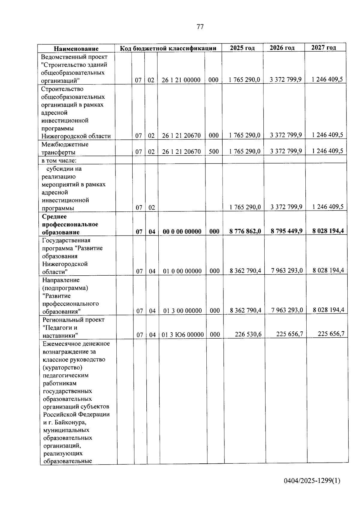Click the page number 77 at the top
[200, 27]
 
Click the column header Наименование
[76, 49]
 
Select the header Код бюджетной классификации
[168, 48]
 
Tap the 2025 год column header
[242, 48]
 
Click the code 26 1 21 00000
[181, 80]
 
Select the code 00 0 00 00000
[182, 232]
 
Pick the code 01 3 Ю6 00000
[183, 334]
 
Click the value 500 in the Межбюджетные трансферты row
[214, 151]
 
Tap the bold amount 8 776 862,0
[245, 231]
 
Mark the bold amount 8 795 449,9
[286, 231]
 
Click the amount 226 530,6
[248, 334]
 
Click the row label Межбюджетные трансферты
[65, 148]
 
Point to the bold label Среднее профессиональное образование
[70, 224]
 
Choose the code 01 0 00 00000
[182, 271]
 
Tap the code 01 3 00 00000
[182, 311]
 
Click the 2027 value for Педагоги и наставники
[331, 334]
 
